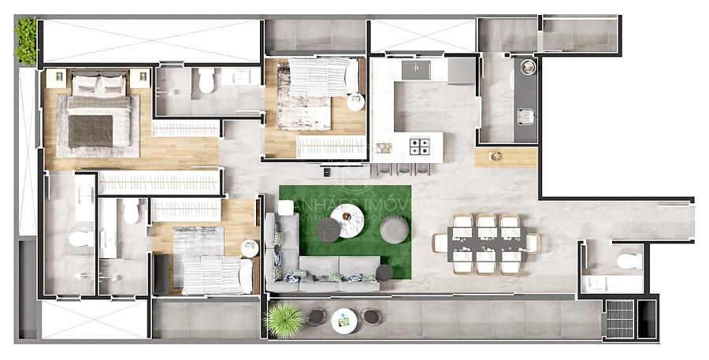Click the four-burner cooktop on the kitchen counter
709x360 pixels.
tap(420, 146)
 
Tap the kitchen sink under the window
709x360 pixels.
tap(416, 69)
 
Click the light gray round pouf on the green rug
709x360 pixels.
tap(394, 229)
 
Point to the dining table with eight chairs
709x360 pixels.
tap(487, 243)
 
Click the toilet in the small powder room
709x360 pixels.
tap(629, 261)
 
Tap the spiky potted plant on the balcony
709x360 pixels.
tap(283, 320)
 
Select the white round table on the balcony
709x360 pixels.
tap(343, 319)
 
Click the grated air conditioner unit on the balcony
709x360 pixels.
tap(620, 318)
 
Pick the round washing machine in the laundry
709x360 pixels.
tap(527, 68)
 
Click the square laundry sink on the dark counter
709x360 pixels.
tap(525, 117)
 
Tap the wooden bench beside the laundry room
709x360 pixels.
tap(506, 157)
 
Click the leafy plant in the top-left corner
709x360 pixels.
tap(25, 41)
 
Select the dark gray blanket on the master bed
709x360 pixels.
tap(90, 131)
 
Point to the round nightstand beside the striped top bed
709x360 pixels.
tap(355, 102)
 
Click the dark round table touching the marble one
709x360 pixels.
tap(328, 229)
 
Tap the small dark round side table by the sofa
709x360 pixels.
tap(384, 273)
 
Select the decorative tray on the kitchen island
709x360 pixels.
tap(384, 147)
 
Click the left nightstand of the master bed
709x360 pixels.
tap(56, 77)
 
